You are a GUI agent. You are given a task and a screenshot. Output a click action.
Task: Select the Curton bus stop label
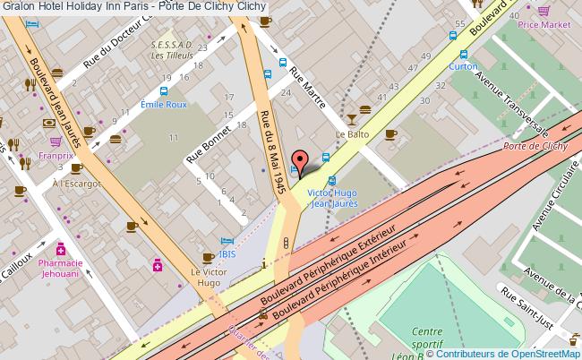[462, 66]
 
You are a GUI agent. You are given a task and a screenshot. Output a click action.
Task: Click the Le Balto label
[352, 134]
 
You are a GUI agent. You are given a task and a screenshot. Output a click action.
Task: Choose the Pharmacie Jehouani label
[61, 268]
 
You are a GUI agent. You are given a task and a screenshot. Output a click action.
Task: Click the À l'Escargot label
[76, 184]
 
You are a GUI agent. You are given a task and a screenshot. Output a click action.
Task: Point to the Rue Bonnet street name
[209, 142]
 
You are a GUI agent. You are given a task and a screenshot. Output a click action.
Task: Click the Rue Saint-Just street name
[539, 305]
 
